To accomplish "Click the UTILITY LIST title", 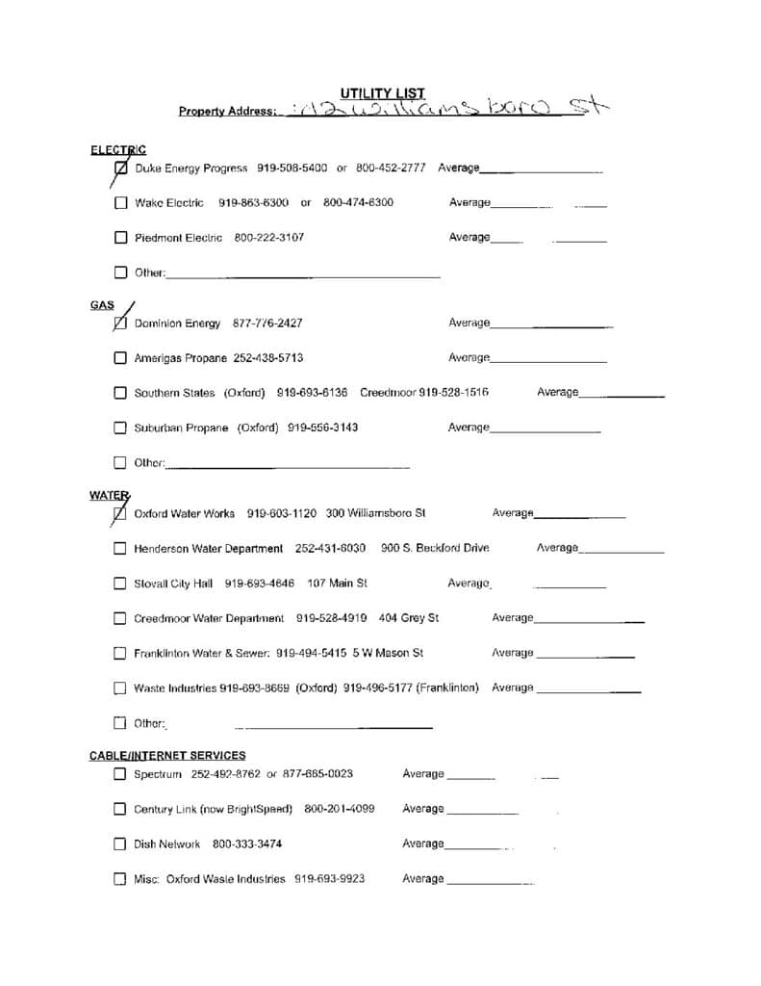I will [x=382, y=93].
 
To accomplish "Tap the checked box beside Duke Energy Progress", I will [x=120, y=169].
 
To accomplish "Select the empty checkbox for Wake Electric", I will [x=120, y=203].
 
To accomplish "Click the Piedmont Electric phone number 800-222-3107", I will [x=268, y=238].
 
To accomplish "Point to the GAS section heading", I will [x=102, y=305].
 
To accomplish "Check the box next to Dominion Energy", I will [x=120, y=324].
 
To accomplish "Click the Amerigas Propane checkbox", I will [x=120, y=358].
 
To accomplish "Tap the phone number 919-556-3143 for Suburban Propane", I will [x=322, y=428].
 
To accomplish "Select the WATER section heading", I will [x=108, y=496].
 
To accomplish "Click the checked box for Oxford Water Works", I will [x=119, y=514].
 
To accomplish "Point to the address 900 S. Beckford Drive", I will [x=435, y=549].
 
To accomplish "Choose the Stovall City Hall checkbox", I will [x=120, y=584].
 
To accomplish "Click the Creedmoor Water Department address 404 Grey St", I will [x=409, y=618].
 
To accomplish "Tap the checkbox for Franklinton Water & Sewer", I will [x=120, y=654].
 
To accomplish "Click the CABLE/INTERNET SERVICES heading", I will [x=167, y=756].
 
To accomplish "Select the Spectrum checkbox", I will [x=120, y=774].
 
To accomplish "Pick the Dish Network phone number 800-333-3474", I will [x=247, y=844].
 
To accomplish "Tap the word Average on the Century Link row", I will [x=422, y=809].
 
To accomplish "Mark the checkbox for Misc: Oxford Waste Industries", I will [x=120, y=879].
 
